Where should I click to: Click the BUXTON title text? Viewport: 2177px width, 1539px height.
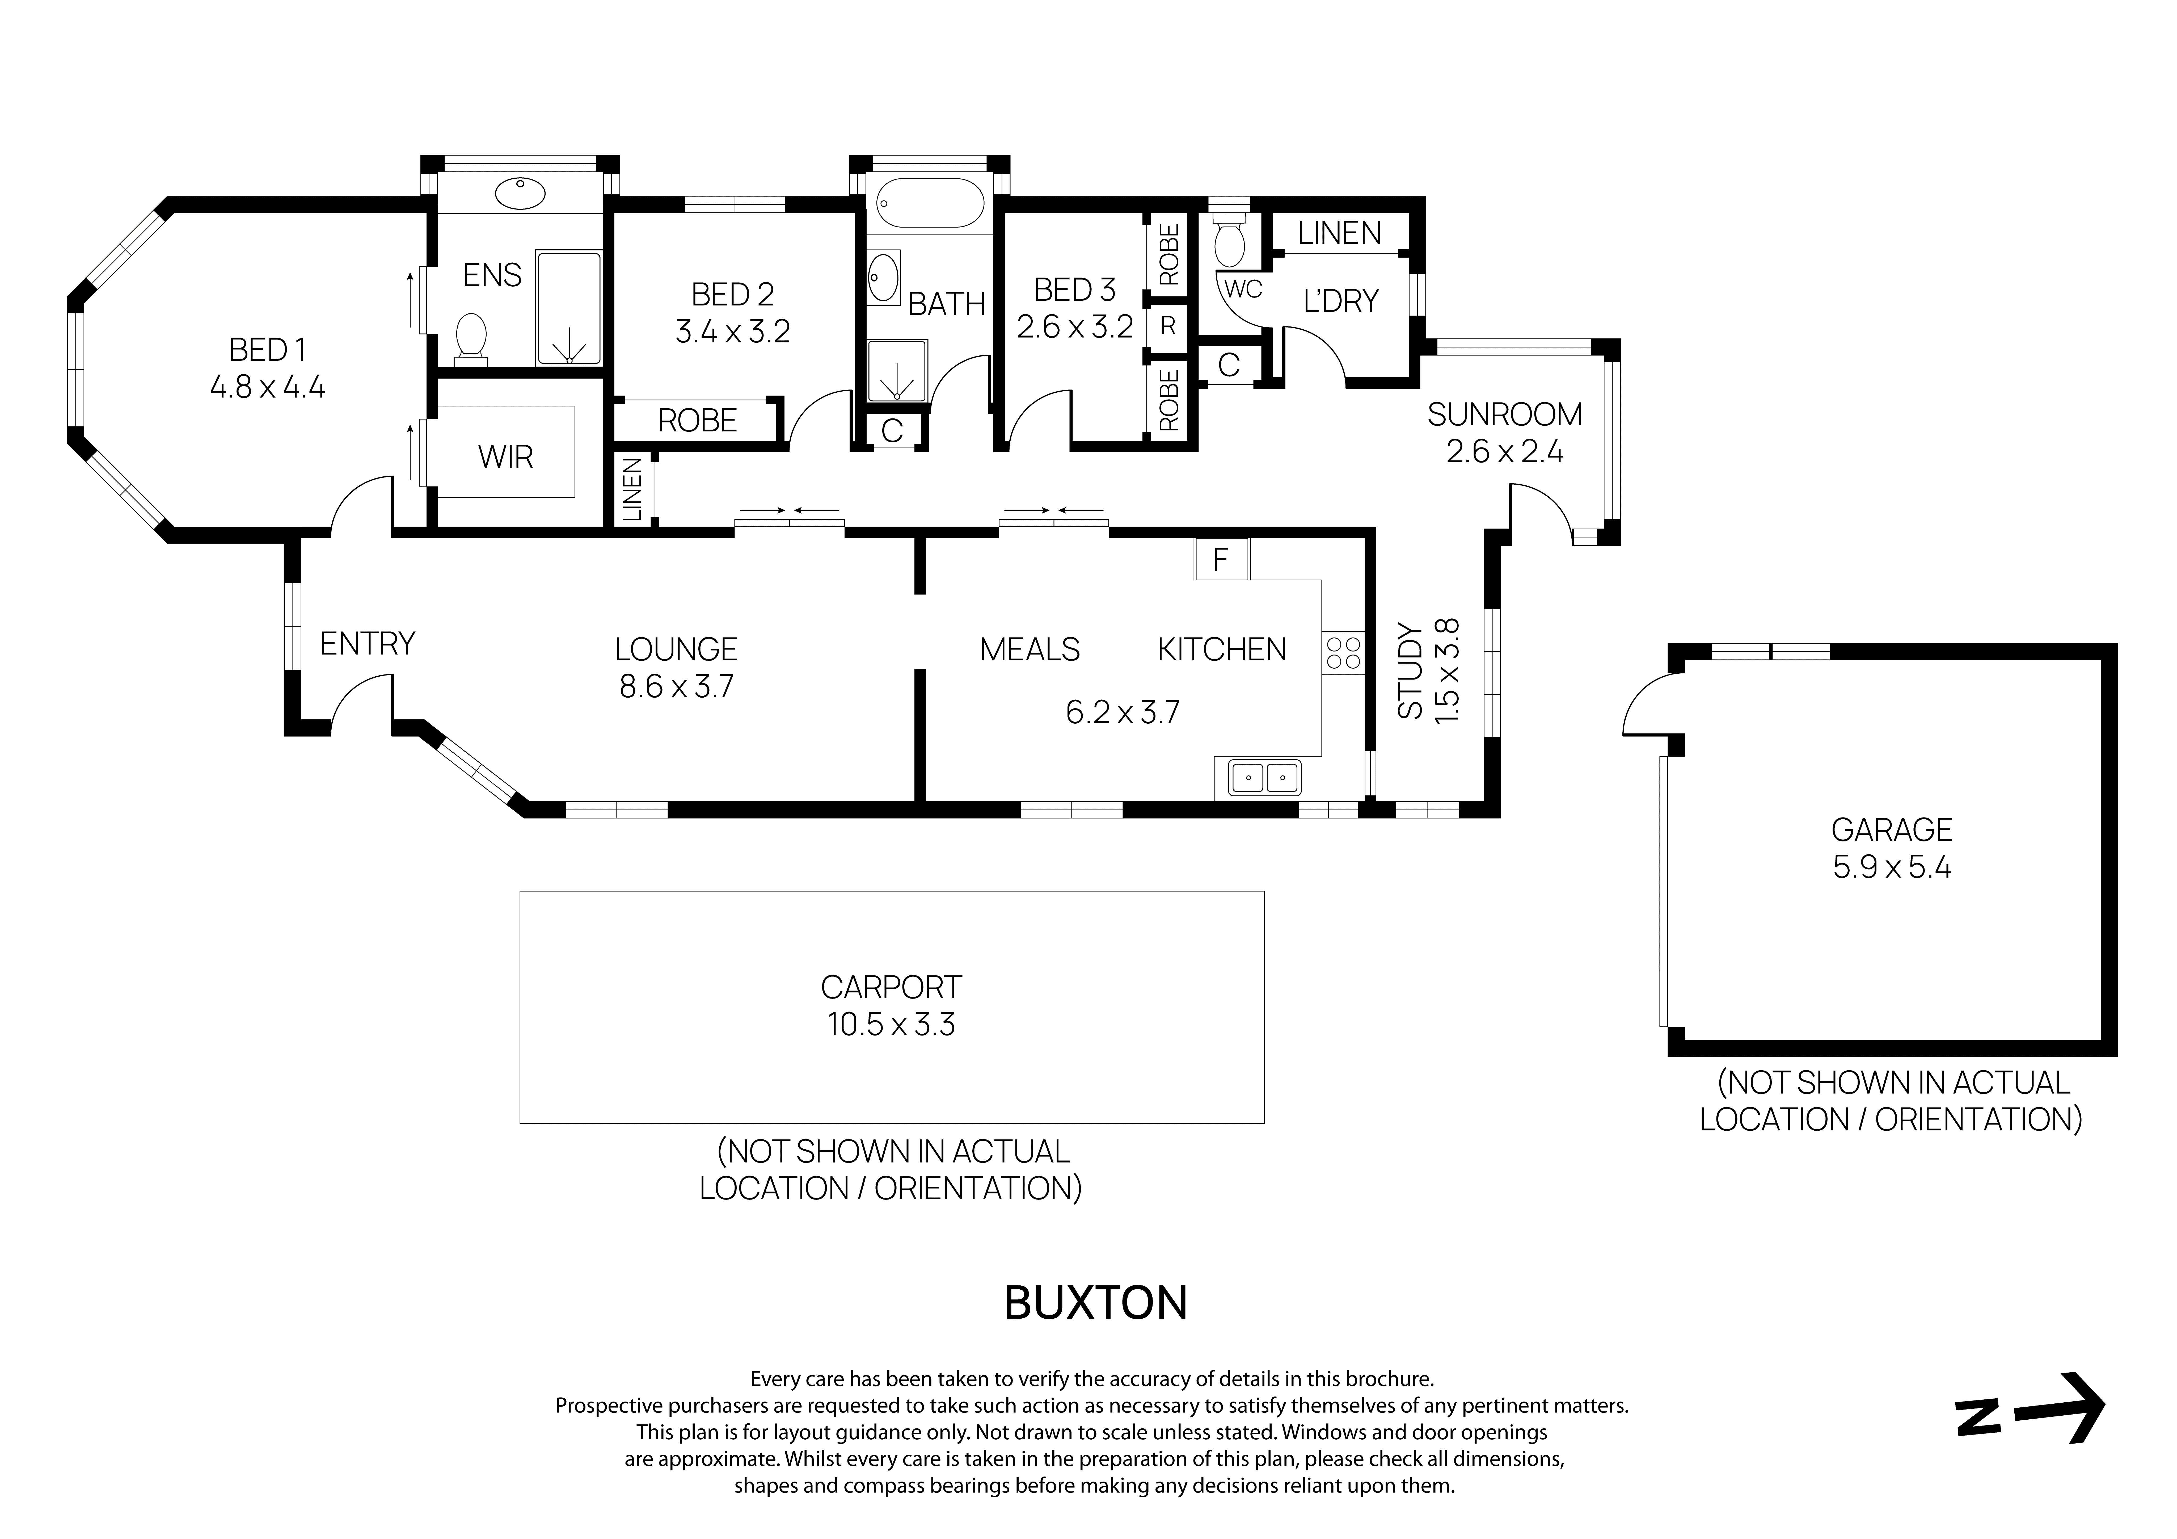(1095, 1304)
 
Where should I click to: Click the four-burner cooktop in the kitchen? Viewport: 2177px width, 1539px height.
(1343, 652)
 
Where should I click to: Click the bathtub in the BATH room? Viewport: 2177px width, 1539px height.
(930, 203)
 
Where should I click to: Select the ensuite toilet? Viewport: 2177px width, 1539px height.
(471, 338)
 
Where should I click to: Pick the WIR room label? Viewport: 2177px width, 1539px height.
(505, 457)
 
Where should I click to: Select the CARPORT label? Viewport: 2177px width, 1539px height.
(891, 987)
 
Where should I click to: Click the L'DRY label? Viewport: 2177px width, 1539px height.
(1340, 301)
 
